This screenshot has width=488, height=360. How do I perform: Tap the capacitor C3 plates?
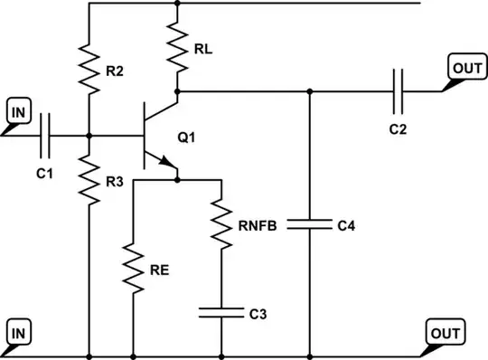[221, 313]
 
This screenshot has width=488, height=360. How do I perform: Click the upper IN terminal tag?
[17, 113]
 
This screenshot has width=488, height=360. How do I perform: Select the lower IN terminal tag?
[17, 333]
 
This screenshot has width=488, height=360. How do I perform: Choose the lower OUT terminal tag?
[446, 333]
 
